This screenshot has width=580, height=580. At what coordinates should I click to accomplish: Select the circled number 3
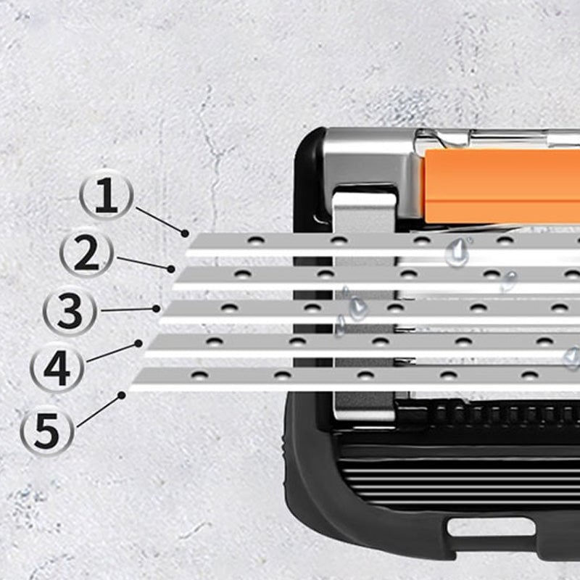69,311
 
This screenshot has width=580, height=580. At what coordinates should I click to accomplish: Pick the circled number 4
57,368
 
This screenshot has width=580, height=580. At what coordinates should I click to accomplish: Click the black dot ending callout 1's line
186,233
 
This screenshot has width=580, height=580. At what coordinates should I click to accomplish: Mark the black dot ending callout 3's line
157,308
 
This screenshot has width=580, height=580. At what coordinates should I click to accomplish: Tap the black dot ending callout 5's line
123,395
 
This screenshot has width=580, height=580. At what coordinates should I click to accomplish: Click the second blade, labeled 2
377,275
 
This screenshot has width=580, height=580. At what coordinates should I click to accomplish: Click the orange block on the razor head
500,186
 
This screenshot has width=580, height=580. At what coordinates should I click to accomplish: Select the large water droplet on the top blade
457,250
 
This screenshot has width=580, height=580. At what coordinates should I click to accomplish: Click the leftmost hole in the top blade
254,240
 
